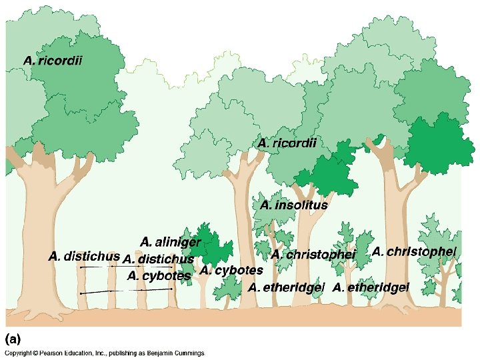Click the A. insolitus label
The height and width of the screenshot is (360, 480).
click(x=294, y=205)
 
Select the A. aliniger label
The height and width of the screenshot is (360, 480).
click(x=171, y=241)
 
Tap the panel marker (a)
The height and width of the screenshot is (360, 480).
click(x=14, y=337)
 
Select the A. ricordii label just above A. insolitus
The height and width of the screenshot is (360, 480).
click(x=287, y=143)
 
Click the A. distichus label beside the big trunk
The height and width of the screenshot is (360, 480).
click(x=84, y=255)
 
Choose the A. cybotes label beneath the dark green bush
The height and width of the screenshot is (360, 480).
click(x=231, y=271)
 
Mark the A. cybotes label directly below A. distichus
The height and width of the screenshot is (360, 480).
click(x=159, y=275)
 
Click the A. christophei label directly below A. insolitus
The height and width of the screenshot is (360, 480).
click(x=314, y=255)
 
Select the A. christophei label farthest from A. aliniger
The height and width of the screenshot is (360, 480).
click(x=414, y=251)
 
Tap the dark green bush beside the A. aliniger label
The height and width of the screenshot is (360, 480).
click(x=212, y=247)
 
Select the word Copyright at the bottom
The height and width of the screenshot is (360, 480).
click(x=18, y=353)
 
